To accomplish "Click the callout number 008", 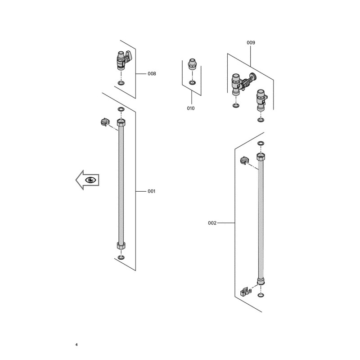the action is (152, 74).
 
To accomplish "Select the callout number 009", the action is (251, 42).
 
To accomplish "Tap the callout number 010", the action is (190, 108).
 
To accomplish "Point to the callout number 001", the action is (151, 191).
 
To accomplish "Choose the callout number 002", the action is (212, 223).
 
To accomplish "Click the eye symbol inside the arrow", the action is (90, 180).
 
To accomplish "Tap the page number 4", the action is (76, 345).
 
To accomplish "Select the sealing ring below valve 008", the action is (121, 83).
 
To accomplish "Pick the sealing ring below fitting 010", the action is (193, 82).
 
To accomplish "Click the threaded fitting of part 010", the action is (192, 64).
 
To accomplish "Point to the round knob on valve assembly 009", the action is (253, 76).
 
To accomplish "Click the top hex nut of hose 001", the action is (121, 122).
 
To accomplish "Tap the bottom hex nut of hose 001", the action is (121, 245).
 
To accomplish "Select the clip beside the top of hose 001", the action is (105, 122).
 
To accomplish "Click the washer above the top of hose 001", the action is (121, 109).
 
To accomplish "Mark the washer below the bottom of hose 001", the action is (121, 257).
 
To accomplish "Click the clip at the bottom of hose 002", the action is (246, 292).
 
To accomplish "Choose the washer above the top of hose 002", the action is (261, 144).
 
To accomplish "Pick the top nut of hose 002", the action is (261, 157).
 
